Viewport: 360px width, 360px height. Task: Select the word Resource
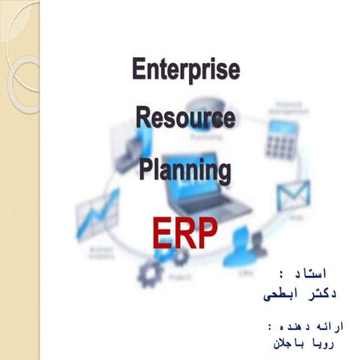pyautogui.click(x=184, y=118)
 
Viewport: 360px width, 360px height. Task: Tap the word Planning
pyautogui.click(x=184, y=169)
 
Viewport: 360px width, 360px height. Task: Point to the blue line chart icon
pyautogui.click(x=97, y=217)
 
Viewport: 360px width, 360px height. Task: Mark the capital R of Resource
pyautogui.click(x=142, y=118)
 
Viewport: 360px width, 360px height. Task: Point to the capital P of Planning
pyautogui.click(x=145, y=169)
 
